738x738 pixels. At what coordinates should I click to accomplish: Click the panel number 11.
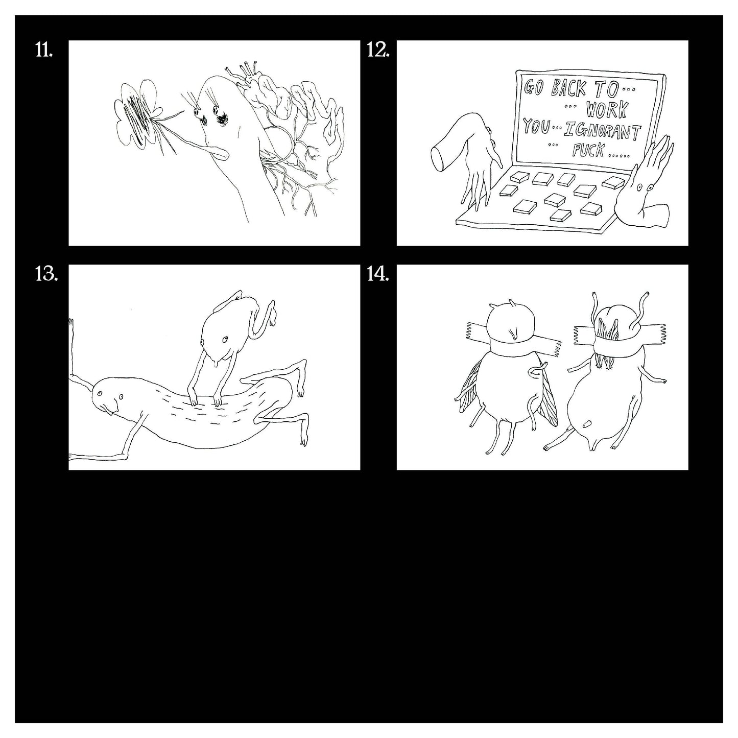pyautogui.click(x=44, y=50)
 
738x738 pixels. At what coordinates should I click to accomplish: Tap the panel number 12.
pyautogui.click(x=378, y=50)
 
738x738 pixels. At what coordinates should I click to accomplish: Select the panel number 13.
pyautogui.click(x=46, y=274)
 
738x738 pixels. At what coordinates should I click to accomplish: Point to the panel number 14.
pyautogui.click(x=378, y=274)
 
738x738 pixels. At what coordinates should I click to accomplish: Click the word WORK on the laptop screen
pyautogui.click(x=607, y=109)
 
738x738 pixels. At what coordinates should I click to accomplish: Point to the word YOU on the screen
pyautogui.click(x=535, y=126)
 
